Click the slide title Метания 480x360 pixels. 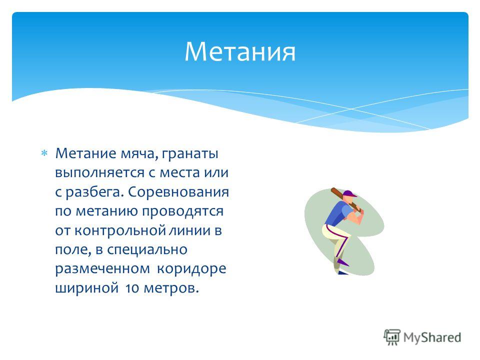[x=240, y=51]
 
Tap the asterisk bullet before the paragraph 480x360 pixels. [x=44, y=153]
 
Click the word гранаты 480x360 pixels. [x=190, y=153]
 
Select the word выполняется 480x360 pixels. [x=100, y=173]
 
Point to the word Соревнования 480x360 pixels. [x=178, y=192]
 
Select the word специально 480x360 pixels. [x=147, y=250]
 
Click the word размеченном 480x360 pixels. [x=102, y=269]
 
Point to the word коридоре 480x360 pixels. [x=191, y=269]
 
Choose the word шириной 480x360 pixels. [x=86, y=288]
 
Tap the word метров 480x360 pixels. [x=171, y=288]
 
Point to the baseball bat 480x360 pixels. [x=346, y=200]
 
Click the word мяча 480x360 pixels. [x=139, y=153]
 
